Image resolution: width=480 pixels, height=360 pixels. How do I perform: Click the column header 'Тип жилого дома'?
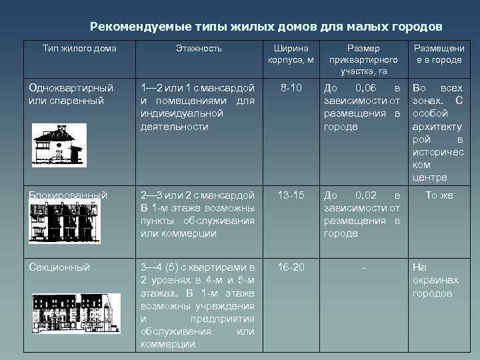pos(79,49)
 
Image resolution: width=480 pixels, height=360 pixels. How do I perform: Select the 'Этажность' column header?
pos(199,49)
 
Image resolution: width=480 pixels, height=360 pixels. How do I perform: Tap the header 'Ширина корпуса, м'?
pos(291,54)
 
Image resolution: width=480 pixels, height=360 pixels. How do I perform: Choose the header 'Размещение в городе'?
pos(437,54)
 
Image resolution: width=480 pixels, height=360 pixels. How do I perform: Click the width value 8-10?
pos(291,87)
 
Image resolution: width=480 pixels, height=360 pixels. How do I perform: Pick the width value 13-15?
pos(291,195)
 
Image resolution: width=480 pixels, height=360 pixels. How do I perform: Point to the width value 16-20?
pos(291,267)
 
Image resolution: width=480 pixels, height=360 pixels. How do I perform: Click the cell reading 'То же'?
pos(439,195)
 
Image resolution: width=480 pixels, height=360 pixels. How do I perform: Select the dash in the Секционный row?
pos(363,268)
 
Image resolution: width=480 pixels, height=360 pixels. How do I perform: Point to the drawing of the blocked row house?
pos(65,223)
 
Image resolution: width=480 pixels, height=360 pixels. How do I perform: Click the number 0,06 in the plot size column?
pos(367,87)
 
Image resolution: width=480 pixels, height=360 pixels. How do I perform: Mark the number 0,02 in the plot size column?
pos(367,195)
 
